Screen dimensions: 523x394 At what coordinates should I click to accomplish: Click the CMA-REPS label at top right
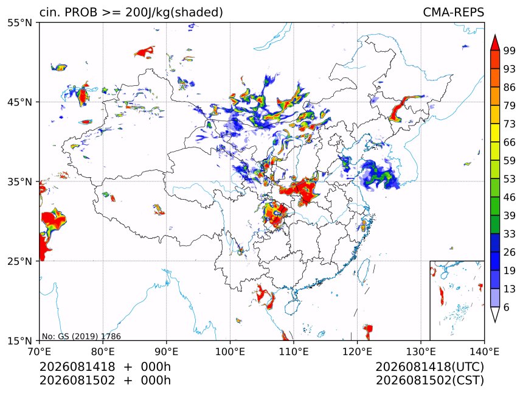coord(453,12)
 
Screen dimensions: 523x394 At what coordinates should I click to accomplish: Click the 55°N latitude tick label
coord(20,23)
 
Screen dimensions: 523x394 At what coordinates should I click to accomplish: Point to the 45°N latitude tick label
coord(20,102)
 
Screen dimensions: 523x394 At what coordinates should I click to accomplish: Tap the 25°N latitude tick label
coord(20,261)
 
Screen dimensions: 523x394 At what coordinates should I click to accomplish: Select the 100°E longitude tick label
coord(230,351)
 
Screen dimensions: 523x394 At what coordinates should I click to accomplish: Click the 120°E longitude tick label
coord(357,351)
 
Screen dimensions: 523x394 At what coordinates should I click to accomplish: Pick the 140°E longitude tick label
coord(484,351)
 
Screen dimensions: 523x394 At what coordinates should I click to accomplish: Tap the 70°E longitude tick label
coord(40,351)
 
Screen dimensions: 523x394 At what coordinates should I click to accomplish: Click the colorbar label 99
coord(510,51)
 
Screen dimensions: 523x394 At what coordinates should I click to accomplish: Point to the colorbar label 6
coord(507,307)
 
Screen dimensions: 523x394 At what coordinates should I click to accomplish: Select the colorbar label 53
coord(510,179)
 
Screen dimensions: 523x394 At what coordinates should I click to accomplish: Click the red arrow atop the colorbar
coord(495,43)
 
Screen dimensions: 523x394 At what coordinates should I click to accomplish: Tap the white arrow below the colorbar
coord(495,314)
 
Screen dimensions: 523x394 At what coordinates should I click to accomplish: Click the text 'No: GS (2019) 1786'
coord(81,336)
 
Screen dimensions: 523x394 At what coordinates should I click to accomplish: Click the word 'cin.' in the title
coord(50,12)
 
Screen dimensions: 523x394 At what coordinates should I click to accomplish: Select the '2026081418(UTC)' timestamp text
coord(430,367)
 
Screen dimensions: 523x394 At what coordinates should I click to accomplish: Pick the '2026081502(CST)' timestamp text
coord(430,381)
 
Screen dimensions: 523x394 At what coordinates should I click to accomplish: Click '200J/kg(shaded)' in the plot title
coord(174,12)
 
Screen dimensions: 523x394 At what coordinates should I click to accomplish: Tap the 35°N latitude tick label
coord(20,181)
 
